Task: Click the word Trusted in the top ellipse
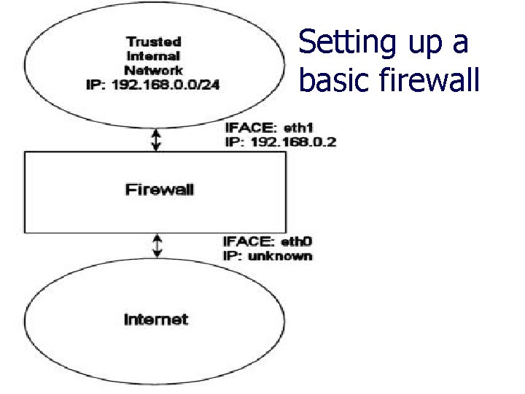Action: pos(153,42)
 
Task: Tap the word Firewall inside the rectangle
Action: pos(160,190)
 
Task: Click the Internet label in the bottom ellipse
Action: pos(155,320)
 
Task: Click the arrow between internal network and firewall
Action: pos(155,139)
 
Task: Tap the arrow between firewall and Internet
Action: pos(157,246)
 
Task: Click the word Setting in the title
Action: pos(345,42)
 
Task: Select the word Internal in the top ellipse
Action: pos(153,55)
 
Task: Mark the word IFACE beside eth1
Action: pos(248,128)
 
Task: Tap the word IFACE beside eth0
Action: pos(248,242)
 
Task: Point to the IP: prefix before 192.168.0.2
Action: pos(235,142)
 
